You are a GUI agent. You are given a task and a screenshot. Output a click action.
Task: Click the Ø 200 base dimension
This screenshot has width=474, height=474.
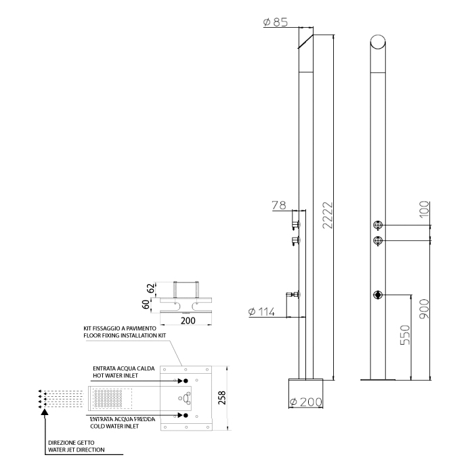(x=305, y=402)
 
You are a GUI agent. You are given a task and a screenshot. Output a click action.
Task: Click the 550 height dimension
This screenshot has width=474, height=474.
(x=404, y=335)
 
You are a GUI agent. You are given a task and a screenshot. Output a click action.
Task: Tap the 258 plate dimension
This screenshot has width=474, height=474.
(x=222, y=397)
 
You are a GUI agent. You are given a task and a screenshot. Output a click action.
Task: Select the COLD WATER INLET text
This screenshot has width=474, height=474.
(x=119, y=427)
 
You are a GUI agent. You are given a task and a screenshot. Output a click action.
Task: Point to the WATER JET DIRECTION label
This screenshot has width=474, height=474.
(x=77, y=449)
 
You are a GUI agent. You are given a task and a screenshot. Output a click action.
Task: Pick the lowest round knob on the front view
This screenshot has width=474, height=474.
(x=378, y=295)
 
